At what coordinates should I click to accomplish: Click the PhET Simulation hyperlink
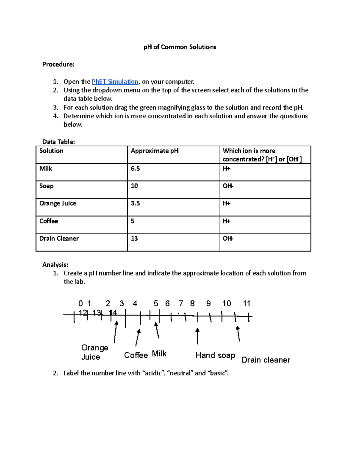(x=115, y=82)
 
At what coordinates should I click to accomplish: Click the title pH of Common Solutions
(x=180, y=47)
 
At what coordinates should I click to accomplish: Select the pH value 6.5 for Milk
(x=135, y=169)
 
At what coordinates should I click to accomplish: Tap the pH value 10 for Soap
(x=134, y=186)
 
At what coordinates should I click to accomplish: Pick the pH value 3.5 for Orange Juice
(x=135, y=203)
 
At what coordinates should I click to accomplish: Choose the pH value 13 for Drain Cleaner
(x=134, y=239)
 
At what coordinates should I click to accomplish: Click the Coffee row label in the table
(x=49, y=221)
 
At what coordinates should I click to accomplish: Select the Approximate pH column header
(x=154, y=151)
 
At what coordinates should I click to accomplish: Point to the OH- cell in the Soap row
(x=228, y=186)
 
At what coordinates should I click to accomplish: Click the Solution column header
(x=51, y=151)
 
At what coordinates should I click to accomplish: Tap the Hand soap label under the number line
(x=215, y=355)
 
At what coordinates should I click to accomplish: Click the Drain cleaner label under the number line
(x=266, y=360)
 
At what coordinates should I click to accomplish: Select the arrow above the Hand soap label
(x=197, y=336)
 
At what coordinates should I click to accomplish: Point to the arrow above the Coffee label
(x=137, y=337)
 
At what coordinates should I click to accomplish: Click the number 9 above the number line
(x=208, y=304)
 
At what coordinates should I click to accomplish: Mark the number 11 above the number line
(x=247, y=304)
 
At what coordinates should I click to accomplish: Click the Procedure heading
(x=58, y=65)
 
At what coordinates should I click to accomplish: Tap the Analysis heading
(x=55, y=265)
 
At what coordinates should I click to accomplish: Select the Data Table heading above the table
(x=58, y=142)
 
